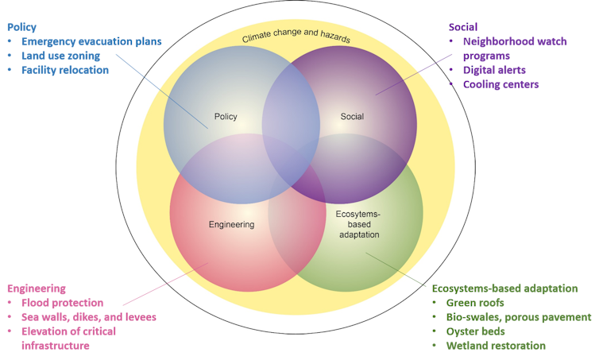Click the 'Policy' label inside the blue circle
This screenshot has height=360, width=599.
(x=226, y=117)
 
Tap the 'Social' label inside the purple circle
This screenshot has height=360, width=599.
(x=352, y=117)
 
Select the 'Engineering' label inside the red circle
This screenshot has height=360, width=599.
(x=231, y=224)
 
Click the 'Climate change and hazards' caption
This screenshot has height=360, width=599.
(x=296, y=38)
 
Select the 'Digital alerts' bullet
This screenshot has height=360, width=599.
(x=494, y=70)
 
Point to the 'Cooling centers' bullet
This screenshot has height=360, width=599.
(x=501, y=84)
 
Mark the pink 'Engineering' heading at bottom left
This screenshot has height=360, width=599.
(x=36, y=288)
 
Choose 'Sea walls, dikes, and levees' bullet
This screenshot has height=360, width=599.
(x=89, y=317)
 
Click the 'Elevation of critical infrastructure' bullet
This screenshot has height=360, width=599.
(x=68, y=338)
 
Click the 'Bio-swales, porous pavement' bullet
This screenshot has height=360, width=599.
(x=519, y=317)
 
